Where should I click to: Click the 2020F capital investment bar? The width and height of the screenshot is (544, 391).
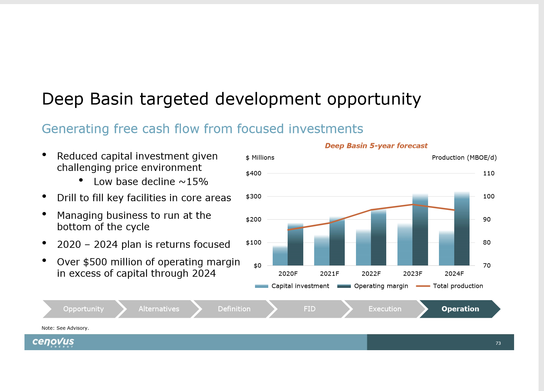280,256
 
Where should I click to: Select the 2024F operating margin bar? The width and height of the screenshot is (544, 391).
462,228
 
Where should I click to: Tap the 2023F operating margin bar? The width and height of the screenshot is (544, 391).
420,229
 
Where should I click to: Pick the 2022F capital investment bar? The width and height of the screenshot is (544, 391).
363,247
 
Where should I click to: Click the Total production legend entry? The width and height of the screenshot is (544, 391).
449,286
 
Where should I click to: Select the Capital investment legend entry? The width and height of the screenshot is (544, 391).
292,286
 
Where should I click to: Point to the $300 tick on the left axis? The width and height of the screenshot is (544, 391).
253,196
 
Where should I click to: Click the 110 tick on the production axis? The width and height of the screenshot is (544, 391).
489,173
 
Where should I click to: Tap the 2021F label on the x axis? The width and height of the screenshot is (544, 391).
329,274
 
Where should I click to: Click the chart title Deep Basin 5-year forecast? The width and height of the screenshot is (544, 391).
376,146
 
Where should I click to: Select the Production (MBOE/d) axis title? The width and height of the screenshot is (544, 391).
464,158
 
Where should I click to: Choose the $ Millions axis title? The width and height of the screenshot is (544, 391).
260,158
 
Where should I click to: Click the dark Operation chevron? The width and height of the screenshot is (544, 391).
460,309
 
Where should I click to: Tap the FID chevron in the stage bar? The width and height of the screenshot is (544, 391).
309,309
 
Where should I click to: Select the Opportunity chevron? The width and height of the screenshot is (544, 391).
83,309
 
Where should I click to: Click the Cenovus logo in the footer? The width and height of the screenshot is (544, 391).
53,342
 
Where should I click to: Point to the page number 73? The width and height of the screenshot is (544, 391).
498,343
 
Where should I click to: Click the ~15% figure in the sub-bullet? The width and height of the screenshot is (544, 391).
193,181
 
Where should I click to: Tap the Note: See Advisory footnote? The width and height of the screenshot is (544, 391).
65,328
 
